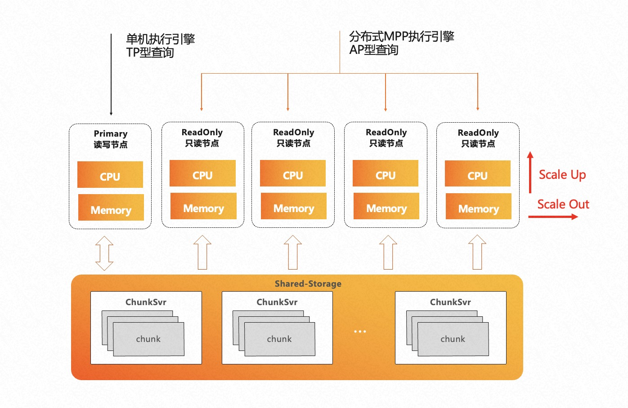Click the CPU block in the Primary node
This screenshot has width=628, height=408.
click(x=110, y=175)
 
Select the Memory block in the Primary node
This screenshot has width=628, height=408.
click(x=111, y=208)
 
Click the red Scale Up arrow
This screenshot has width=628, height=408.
click(x=530, y=173)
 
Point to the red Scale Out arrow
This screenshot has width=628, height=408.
click(x=553, y=217)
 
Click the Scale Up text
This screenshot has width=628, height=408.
click(x=562, y=174)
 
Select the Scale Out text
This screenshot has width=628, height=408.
click(x=563, y=204)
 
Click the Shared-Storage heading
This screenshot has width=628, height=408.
click(x=308, y=284)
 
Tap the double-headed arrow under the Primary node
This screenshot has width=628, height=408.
click(x=104, y=253)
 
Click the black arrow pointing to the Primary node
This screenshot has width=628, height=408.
click(x=111, y=74)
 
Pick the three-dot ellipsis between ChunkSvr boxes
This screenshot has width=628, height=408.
click(x=360, y=331)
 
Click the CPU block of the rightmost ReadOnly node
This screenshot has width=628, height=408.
click(x=478, y=173)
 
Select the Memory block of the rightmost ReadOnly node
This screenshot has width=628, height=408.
click(x=479, y=206)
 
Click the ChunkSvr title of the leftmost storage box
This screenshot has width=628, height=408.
click(x=146, y=302)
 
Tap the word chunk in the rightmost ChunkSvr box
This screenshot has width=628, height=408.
click(x=453, y=339)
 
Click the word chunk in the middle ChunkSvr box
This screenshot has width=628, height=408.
click(x=279, y=339)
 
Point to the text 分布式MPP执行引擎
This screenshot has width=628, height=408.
click(x=402, y=36)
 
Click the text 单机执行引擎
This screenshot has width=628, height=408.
click(x=161, y=39)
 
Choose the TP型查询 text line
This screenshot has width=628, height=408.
click(x=150, y=53)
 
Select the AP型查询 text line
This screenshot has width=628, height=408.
click(x=374, y=50)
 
